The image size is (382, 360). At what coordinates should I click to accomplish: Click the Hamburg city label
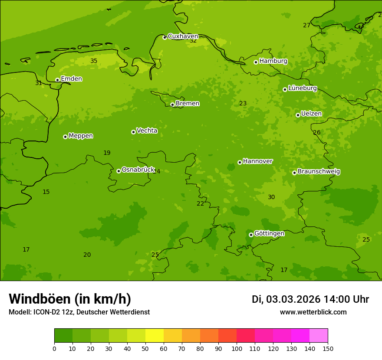click(x=273, y=61)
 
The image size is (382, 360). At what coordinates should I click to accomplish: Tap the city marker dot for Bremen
click(x=172, y=105)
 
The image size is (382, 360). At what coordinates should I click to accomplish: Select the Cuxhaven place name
click(x=183, y=36)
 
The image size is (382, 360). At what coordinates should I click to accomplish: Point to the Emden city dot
click(x=57, y=80)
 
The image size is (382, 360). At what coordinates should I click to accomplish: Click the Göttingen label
click(x=269, y=234)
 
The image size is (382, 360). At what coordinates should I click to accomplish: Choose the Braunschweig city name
click(x=319, y=172)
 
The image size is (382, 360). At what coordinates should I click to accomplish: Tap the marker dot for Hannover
click(x=240, y=162)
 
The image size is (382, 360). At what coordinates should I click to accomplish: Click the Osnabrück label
click(x=138, y=170)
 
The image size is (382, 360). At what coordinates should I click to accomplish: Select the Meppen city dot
click(x=65, y=137)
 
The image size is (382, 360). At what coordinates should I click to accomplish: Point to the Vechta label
click(x=147, y=131)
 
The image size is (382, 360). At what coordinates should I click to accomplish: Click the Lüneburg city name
click(x=302, y=88)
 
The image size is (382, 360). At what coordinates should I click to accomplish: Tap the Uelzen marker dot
click(x=298, y=115)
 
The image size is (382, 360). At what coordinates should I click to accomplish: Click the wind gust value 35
click(x=94, y=61)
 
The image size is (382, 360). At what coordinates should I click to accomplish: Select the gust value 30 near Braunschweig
click(x=271, y=197)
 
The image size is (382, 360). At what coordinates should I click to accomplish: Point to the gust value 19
click(x=107, y=153)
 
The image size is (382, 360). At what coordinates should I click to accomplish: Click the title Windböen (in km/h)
click(x=70, y=299)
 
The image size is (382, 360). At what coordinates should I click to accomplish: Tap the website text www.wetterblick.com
click(x=313, y=312)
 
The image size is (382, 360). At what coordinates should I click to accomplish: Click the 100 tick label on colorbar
click(x=237, y=348)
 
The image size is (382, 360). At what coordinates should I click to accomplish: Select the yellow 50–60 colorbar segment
click(x=155, y=336)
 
